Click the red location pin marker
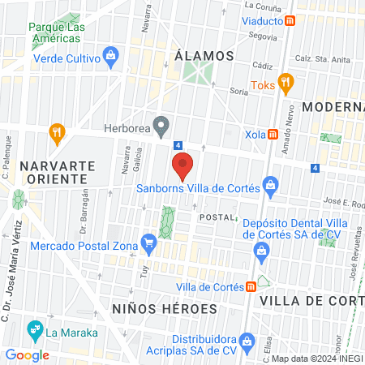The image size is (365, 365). (183, 165)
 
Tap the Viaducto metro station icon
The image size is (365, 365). (290, 20)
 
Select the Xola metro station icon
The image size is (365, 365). (274, 133)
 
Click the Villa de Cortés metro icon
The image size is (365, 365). (251, 286)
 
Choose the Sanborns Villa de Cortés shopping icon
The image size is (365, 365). (268, 190)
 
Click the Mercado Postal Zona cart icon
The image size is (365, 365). (148, 242)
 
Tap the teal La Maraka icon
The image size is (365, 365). (33, 330)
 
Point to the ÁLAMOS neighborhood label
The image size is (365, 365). (204, 56)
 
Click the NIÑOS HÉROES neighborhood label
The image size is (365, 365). (165, 309)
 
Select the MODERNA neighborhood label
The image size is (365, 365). (333, 107)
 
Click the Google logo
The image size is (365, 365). (27, 354)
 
